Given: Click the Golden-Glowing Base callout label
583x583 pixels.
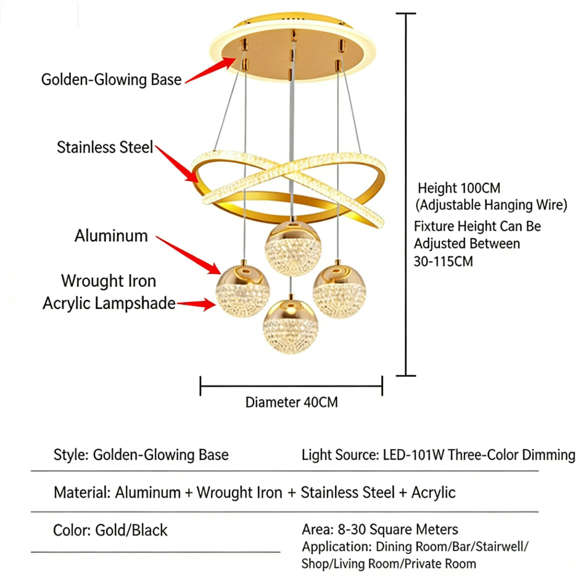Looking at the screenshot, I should point(111,80).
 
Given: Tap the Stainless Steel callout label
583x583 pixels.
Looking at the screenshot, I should point(105,147).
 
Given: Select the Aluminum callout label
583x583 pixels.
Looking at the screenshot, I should point(111,236).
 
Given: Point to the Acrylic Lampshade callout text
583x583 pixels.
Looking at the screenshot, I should point(109,304).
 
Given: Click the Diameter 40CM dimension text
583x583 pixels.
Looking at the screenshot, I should point(291,403).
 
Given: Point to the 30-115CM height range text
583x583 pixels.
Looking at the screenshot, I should point(443,260).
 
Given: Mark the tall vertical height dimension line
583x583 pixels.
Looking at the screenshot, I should point(405,194).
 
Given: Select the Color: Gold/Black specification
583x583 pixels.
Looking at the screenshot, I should point(110,530).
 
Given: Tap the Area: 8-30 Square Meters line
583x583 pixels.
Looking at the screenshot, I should point(380,529).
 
